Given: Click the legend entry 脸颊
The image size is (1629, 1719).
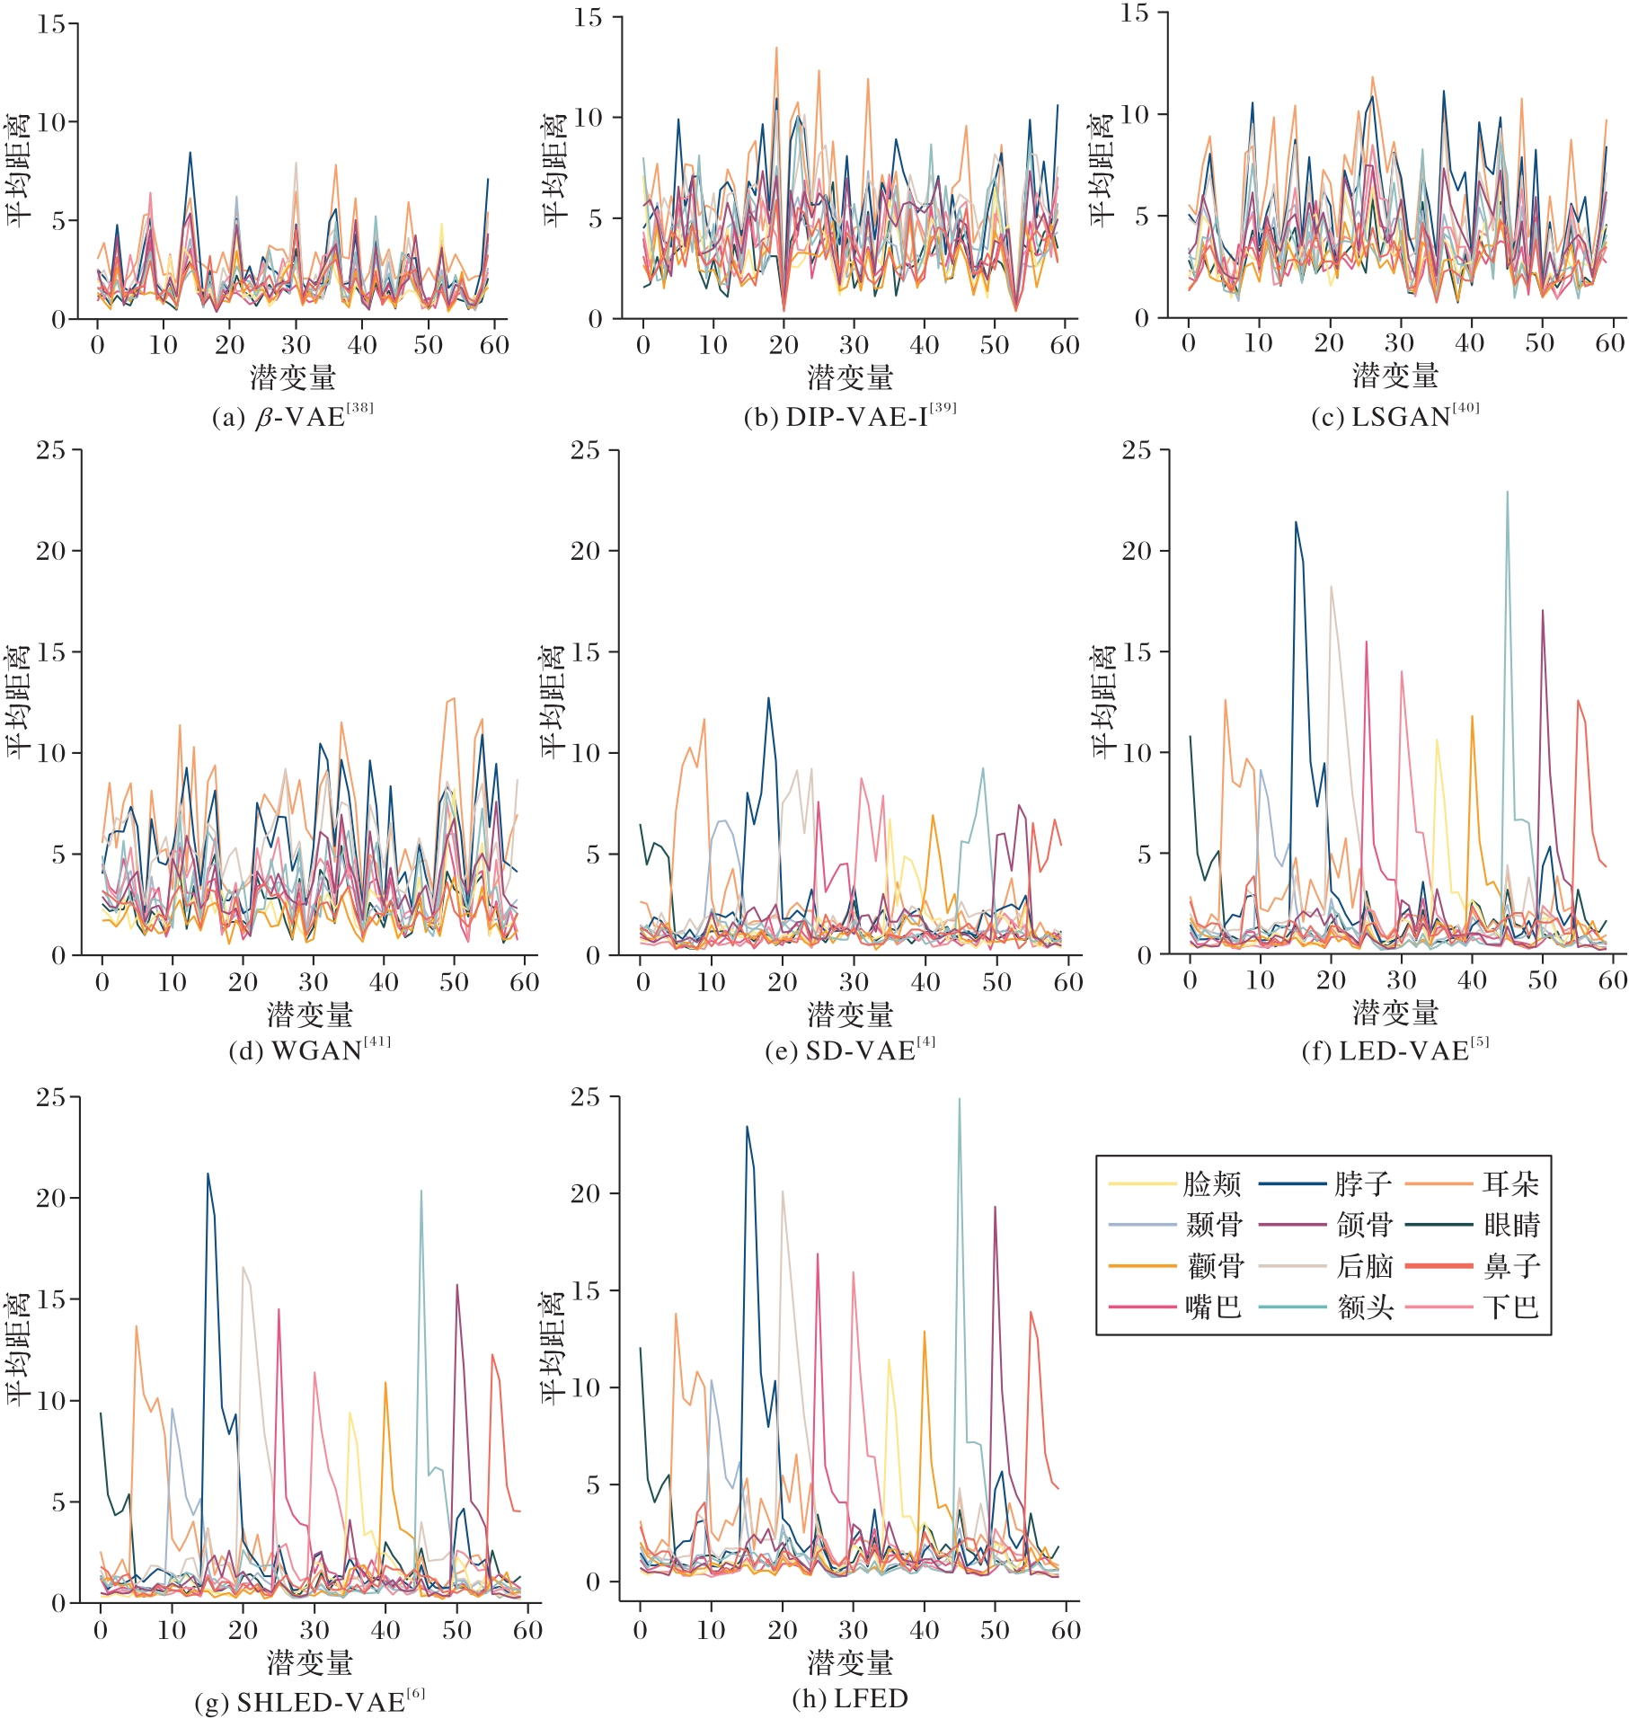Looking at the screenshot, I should [x=1211, y=1184].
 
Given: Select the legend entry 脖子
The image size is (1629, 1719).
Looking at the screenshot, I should [x=1362, y=1184].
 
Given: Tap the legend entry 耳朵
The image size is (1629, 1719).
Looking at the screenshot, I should [x=1511, y=1184].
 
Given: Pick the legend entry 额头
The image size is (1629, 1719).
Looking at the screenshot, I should [x=1364, y=1307].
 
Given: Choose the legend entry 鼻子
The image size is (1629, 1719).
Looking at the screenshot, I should [x=1511, y=1266].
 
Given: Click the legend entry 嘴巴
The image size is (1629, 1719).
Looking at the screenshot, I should [x=1213, y=1307].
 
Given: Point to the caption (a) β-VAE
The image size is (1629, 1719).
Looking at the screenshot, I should [x=293, y=417].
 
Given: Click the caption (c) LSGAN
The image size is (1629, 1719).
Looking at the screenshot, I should [x=1395, y=417].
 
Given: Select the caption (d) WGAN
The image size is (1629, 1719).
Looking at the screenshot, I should [x=310, y=1050].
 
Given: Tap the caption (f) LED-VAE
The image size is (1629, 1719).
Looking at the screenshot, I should [x=1395, y=1050].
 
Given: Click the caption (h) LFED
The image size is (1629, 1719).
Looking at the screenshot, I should [x=850, y=1698].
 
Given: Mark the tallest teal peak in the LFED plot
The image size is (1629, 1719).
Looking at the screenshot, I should [x=959, y=1099].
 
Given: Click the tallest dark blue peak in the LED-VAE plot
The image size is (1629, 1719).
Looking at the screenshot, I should [x=1296, y=522].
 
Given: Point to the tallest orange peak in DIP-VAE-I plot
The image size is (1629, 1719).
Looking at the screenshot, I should [x=776, y=48].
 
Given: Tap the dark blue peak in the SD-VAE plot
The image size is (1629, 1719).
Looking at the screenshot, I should [x=768, y=698].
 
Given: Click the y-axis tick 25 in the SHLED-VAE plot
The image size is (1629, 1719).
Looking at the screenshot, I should [x=51, y=1097].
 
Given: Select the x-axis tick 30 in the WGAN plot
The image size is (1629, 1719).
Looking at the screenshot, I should [x=313, y=981].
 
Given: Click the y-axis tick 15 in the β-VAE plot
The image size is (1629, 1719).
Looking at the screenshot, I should [x=51, y=24].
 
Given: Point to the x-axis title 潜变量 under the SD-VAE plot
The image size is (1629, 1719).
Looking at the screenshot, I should [x=850, y=1015].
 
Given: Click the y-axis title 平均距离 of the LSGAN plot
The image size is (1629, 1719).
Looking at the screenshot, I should [x=1102, y=171].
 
